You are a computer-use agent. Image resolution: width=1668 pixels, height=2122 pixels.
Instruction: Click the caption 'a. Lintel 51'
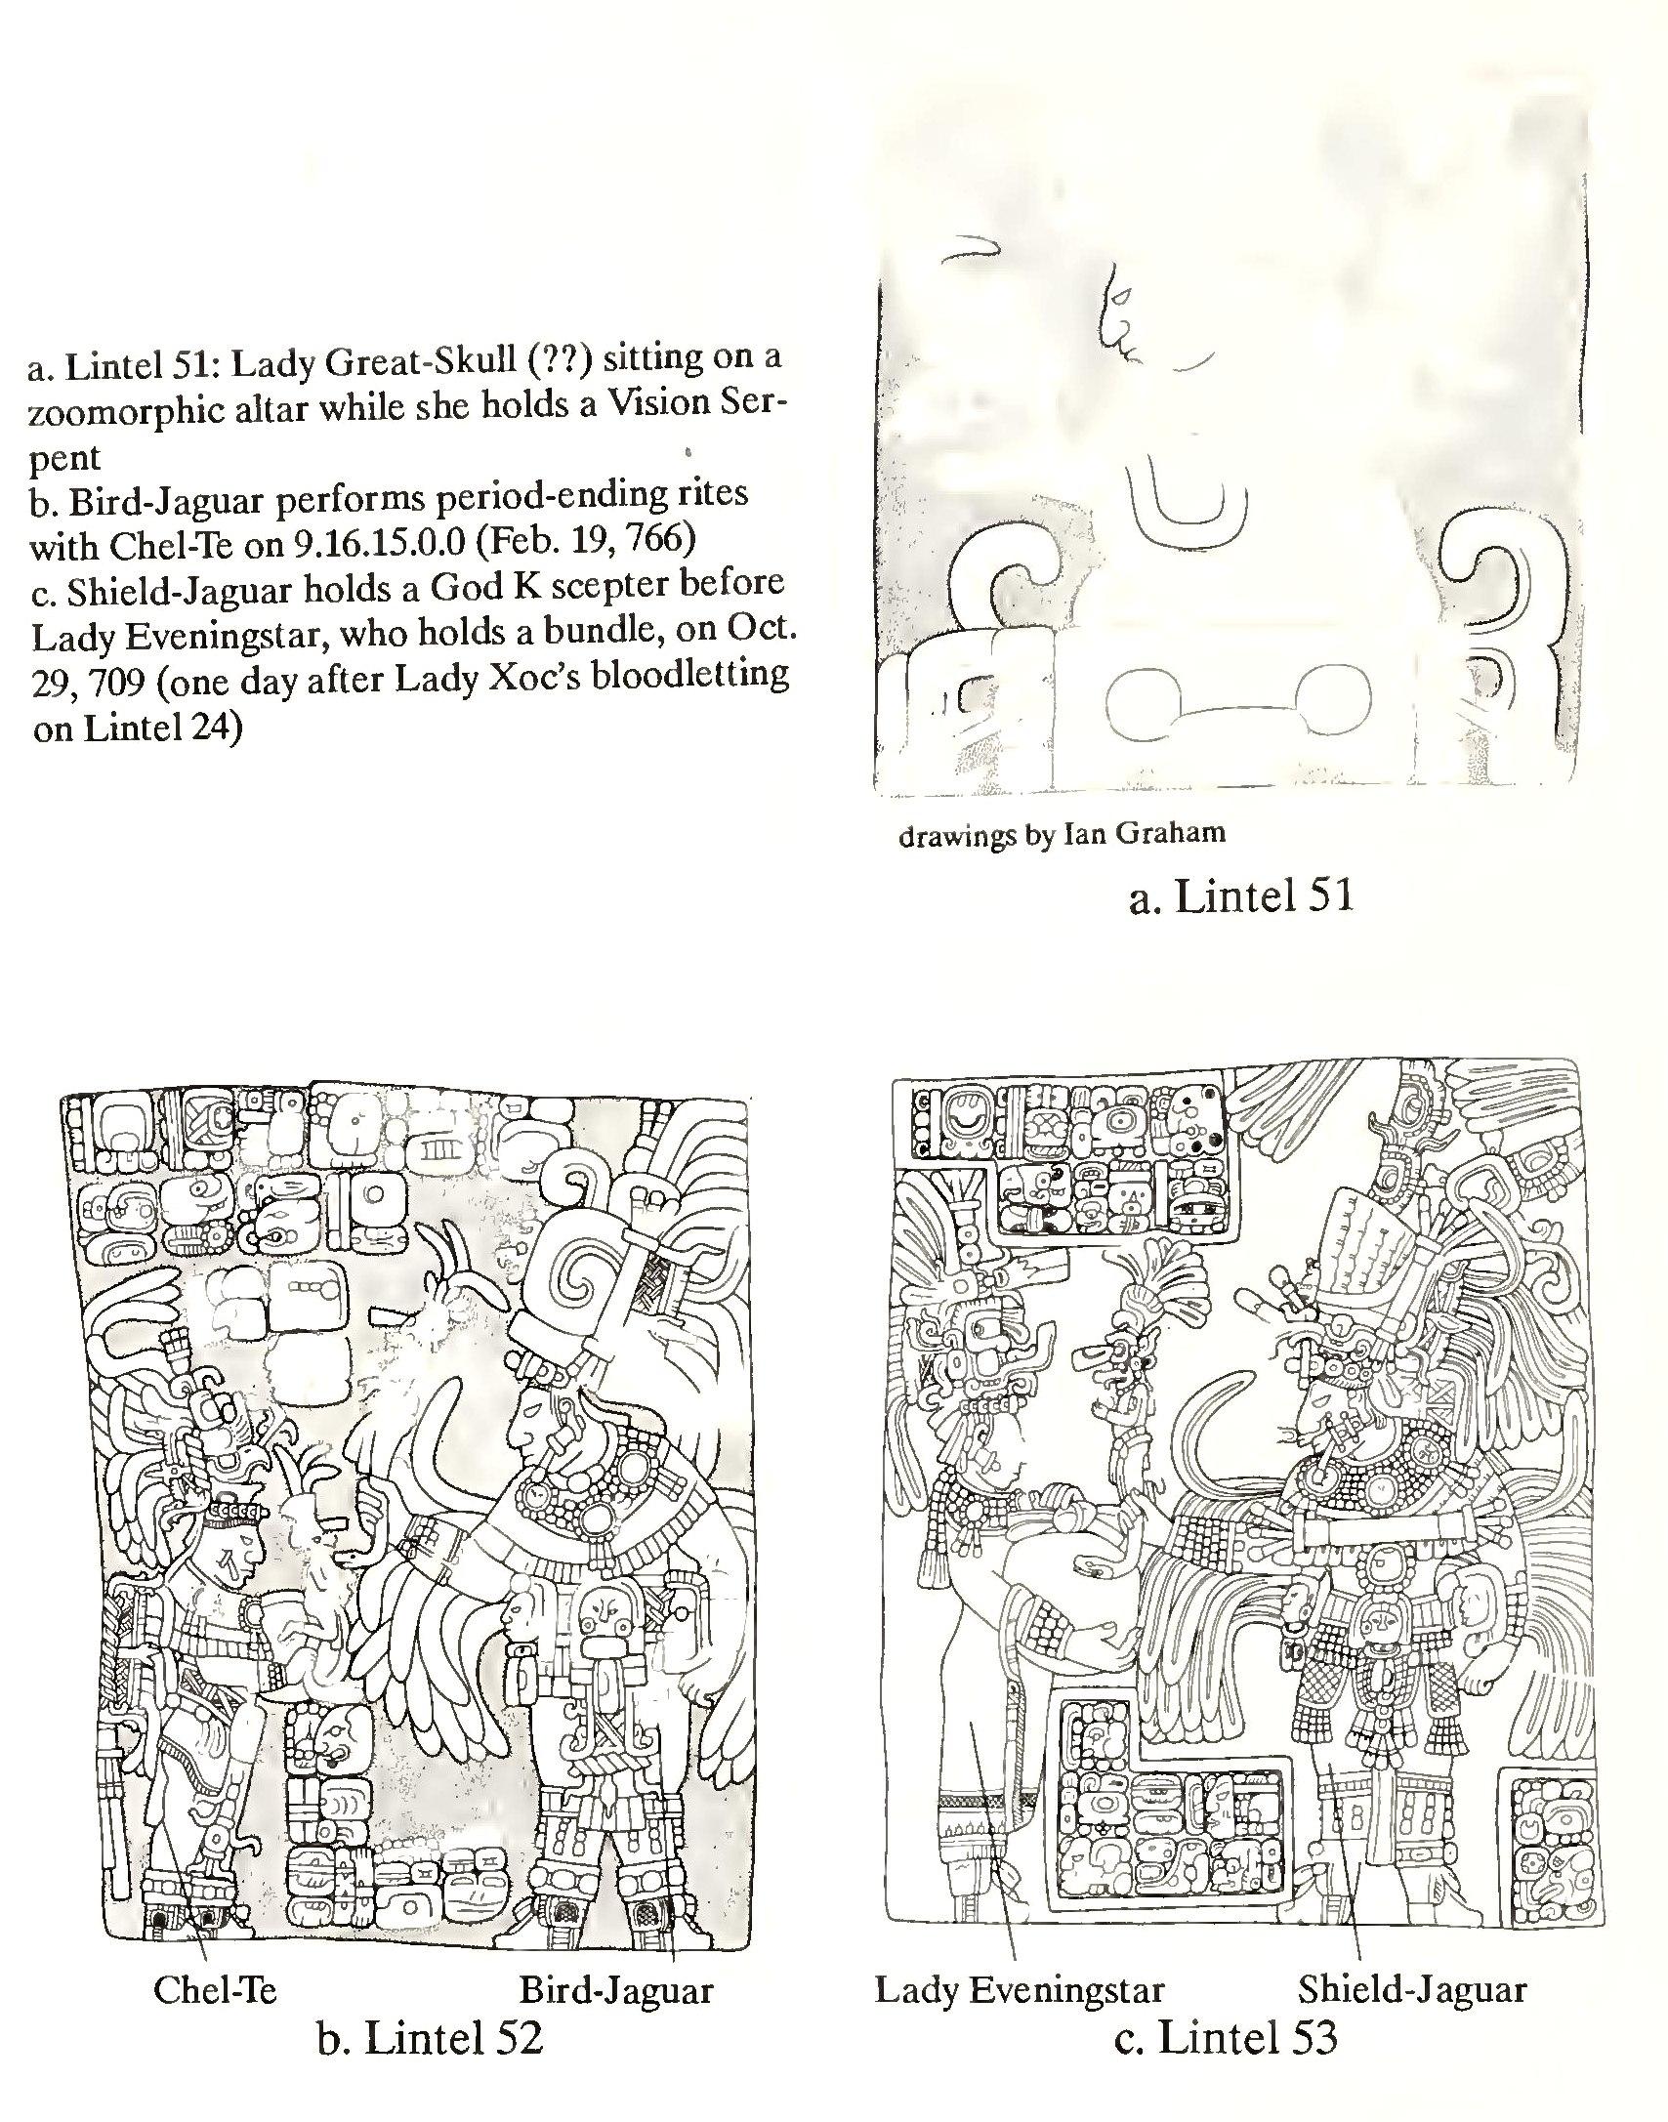1240,896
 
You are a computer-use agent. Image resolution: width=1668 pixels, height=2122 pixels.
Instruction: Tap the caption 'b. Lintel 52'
430,2064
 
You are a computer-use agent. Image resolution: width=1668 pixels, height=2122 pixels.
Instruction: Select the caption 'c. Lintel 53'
1226,2064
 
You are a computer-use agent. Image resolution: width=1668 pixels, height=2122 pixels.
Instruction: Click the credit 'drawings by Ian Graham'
1062,833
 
